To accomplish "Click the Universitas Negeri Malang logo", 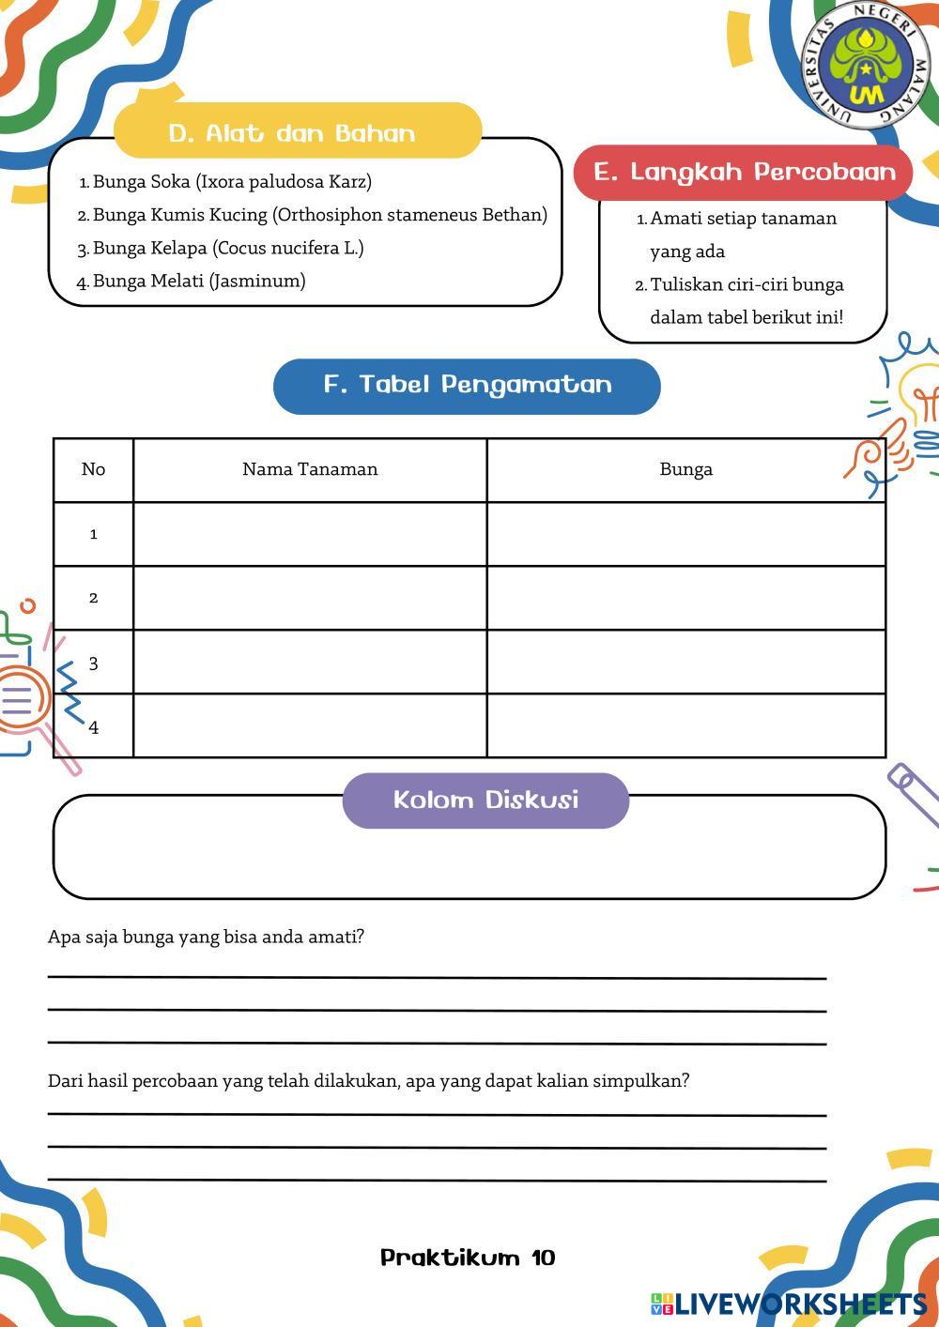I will coord(865,65).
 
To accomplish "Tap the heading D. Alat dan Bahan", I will coord(292,132).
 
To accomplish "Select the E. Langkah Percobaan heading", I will coord(745,172).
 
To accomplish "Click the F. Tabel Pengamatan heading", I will coord(467,385).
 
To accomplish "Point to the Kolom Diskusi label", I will coord(485,800).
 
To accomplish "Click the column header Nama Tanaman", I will coord(310,469).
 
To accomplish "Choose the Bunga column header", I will coord(685,469).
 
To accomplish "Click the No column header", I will coord(93,469).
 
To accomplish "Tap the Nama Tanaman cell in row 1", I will coord(310,534).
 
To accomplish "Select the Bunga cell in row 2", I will coord(685,598).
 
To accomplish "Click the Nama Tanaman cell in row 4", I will coord(310,725).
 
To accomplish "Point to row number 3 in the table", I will coord(93,663).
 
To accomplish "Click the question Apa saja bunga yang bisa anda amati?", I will coord(206,937).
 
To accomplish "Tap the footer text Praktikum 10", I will coord(468,1258).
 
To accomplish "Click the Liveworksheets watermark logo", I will coord(789,1304).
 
